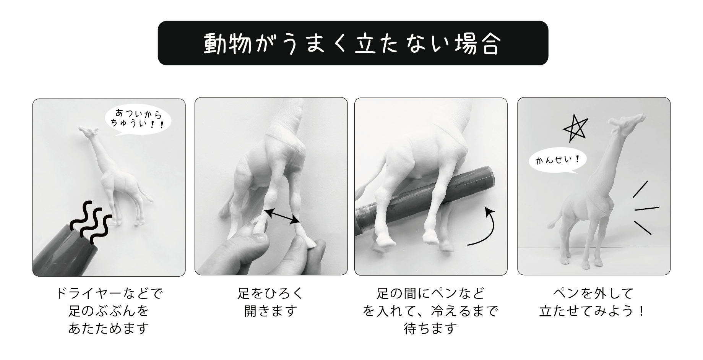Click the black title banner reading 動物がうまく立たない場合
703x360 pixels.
tap(353, 43)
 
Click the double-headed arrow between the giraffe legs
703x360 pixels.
tap(282, 216)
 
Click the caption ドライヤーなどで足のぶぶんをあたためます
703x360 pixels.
tap(109, 311)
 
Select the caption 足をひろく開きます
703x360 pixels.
tap(271, 302)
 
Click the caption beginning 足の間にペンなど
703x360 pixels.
tap(431, 311)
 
